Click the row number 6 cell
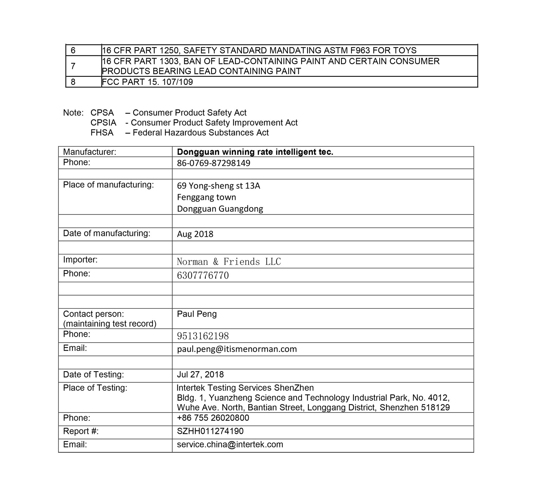(x=73, y=50)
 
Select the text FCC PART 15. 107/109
(x=147, y=82)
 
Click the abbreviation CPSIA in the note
(x=103, y=123)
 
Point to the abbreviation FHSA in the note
(x=102, y=133)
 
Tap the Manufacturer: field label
(x=89, y=152)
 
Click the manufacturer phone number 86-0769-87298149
(x=214, y=163)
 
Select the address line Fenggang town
(x=207, y=197)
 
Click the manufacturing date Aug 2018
(x=195, y=234)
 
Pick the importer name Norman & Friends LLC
(x=229, y=262)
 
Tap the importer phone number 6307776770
(x=203, y=275)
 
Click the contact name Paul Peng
(x=197, y=314)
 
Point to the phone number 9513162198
(x=203, y=336)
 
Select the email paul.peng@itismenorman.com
(x=237, y=349)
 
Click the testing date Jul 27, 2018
(x=200, y=374)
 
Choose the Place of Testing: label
(x=95, y=388)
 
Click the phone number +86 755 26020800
(x=213, y=418)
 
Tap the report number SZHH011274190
(x=210, y=431)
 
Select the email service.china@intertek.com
(x=230, y=444)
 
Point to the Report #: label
(x=81, y=431)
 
